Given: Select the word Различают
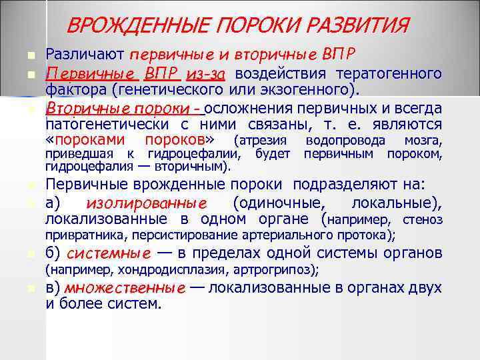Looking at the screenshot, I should point(86,54).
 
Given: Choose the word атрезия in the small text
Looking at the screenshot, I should point(262,141).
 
